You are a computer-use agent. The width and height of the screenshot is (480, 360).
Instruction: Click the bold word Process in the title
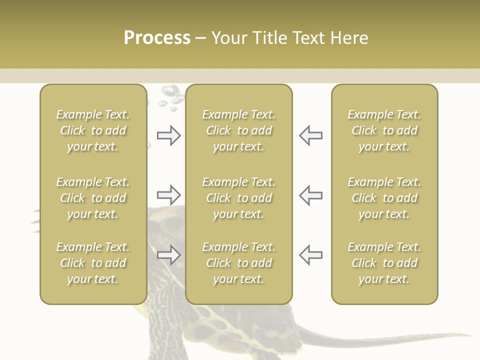[x=157, y=38]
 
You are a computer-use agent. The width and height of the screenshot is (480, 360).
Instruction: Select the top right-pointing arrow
[x=169, y=135]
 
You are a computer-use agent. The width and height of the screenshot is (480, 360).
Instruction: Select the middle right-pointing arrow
[x=169, y=194]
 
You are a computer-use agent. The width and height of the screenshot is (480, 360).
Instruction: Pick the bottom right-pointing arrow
[x=169, y=255]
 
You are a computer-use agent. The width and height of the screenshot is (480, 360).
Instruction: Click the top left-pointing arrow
[x=310, y=135]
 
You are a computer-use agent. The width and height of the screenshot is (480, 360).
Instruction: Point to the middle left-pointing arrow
[x=310, y=194]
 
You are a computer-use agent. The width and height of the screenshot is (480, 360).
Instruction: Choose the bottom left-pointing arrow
[x=310, y=255]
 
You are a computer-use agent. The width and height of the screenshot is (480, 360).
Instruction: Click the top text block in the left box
[x=93, y=130]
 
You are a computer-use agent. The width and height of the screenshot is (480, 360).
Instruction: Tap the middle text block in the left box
[x=93, y=198]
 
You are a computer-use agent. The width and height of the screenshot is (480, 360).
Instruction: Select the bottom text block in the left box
[x=93, y=263]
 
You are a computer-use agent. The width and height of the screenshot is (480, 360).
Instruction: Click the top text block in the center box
[x=238, y=130]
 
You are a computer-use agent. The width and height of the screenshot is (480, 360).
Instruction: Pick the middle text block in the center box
[x=238, y=198]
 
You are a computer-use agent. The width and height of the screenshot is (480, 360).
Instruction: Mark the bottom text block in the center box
[x=238, y=263]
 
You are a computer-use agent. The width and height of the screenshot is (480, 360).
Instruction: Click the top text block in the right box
[x=384, y=130]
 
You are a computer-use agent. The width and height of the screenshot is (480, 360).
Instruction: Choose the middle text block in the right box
[x=384, y=198]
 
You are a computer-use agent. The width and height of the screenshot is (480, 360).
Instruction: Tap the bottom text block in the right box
[x=384, y=263]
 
